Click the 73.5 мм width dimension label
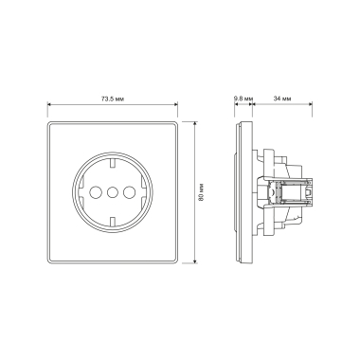tap(113, 99)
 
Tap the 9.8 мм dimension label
tap(243, 99)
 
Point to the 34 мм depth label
tap(282, 99)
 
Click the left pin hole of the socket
tap(95, 191)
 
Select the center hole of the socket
tap(112, 191)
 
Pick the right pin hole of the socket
tap(129, 191)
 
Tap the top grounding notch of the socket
tap(112, 164)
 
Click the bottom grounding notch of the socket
tap(112, 221)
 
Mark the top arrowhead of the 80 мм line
tap(195, 123)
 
